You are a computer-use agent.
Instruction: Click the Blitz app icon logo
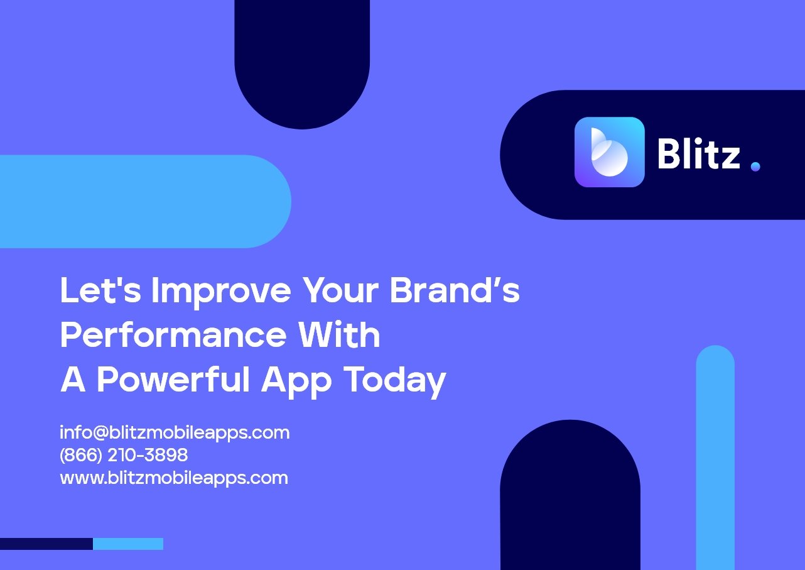click(610, 152)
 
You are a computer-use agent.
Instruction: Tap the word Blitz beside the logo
click(699, 153)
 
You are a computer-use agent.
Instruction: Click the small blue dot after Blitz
click(755, 167)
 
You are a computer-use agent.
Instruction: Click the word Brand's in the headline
click(455, 290)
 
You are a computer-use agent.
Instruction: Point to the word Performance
click(173, 334)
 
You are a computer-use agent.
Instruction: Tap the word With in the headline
click(339, 334)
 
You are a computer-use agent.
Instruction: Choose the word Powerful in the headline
click(173, 379)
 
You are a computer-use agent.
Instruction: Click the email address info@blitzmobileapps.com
click(175, 432)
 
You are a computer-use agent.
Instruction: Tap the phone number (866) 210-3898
click(124, 455)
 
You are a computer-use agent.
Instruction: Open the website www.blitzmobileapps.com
click(174, 479)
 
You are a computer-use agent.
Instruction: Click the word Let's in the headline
click(100, 290)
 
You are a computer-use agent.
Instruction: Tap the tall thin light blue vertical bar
click(715, 458)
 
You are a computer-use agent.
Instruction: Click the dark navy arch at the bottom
click(570, 496)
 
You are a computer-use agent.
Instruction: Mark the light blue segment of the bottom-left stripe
click(128, 544)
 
